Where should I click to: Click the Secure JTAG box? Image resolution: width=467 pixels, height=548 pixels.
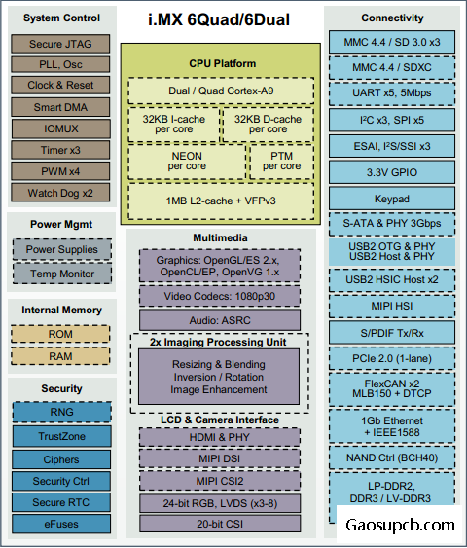pos(60,44)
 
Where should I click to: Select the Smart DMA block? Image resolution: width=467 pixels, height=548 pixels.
pos(60,107)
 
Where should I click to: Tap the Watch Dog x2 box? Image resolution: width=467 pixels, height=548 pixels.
pos(60,193)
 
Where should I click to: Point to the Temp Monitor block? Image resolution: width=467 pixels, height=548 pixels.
pos(62,274)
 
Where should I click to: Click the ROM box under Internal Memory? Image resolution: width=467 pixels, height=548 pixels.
pos(60,334)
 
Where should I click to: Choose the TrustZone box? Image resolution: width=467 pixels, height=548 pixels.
pos(62,436)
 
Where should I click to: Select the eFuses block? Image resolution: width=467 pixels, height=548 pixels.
pos(61,524)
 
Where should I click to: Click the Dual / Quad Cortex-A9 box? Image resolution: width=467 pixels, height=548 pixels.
pos(221,91)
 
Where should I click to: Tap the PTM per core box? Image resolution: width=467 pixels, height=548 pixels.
pos(282,162)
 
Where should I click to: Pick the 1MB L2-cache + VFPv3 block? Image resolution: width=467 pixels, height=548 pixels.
pos(221,201)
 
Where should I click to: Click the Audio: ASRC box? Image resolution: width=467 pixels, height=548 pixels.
pos(220,320)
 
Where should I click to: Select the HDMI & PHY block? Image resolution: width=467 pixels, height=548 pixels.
pos(220,437)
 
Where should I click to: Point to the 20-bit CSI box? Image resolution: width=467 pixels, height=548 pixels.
pos(220,524)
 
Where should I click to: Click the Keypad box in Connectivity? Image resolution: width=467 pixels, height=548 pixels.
pos(392,199)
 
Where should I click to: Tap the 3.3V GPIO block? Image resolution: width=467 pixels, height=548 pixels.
pos(392,172)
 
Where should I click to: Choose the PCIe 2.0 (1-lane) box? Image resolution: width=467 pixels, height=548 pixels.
pos(392,358)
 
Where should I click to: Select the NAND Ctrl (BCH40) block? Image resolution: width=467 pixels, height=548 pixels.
pos(392,457)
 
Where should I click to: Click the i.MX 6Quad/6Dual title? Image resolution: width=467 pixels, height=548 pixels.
pos(219,19)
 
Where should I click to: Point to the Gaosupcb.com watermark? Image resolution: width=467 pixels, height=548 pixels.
pos(400,525)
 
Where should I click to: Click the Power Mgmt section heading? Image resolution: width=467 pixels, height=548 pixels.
pos(61,225)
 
